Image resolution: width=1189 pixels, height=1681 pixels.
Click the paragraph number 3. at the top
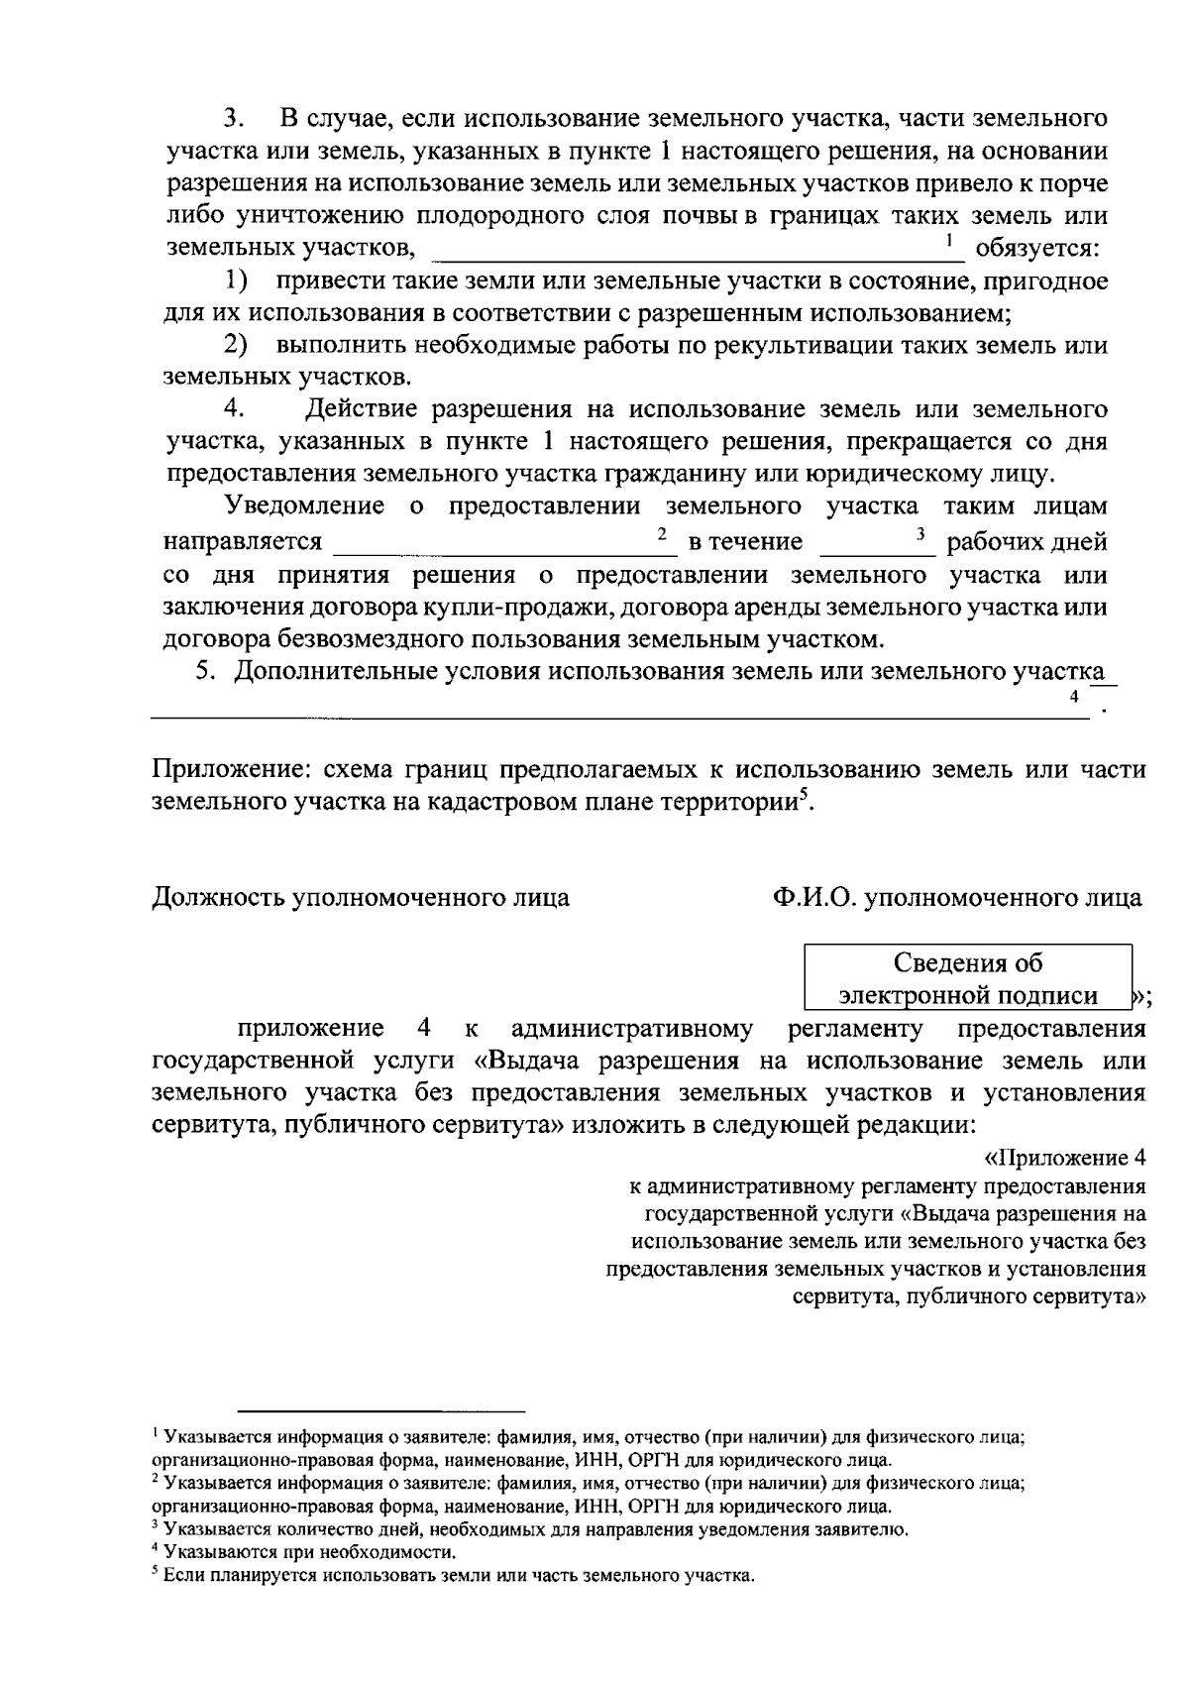coord(233,120)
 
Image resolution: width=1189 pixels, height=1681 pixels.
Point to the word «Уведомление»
coord(305,506)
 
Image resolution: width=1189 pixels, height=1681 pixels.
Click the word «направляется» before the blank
coord(243,541)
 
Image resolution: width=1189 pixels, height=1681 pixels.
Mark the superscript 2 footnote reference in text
coord(661,534)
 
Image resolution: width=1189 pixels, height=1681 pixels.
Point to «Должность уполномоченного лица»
coord(361,898)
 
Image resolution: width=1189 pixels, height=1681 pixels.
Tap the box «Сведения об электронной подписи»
coord(967,978)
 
